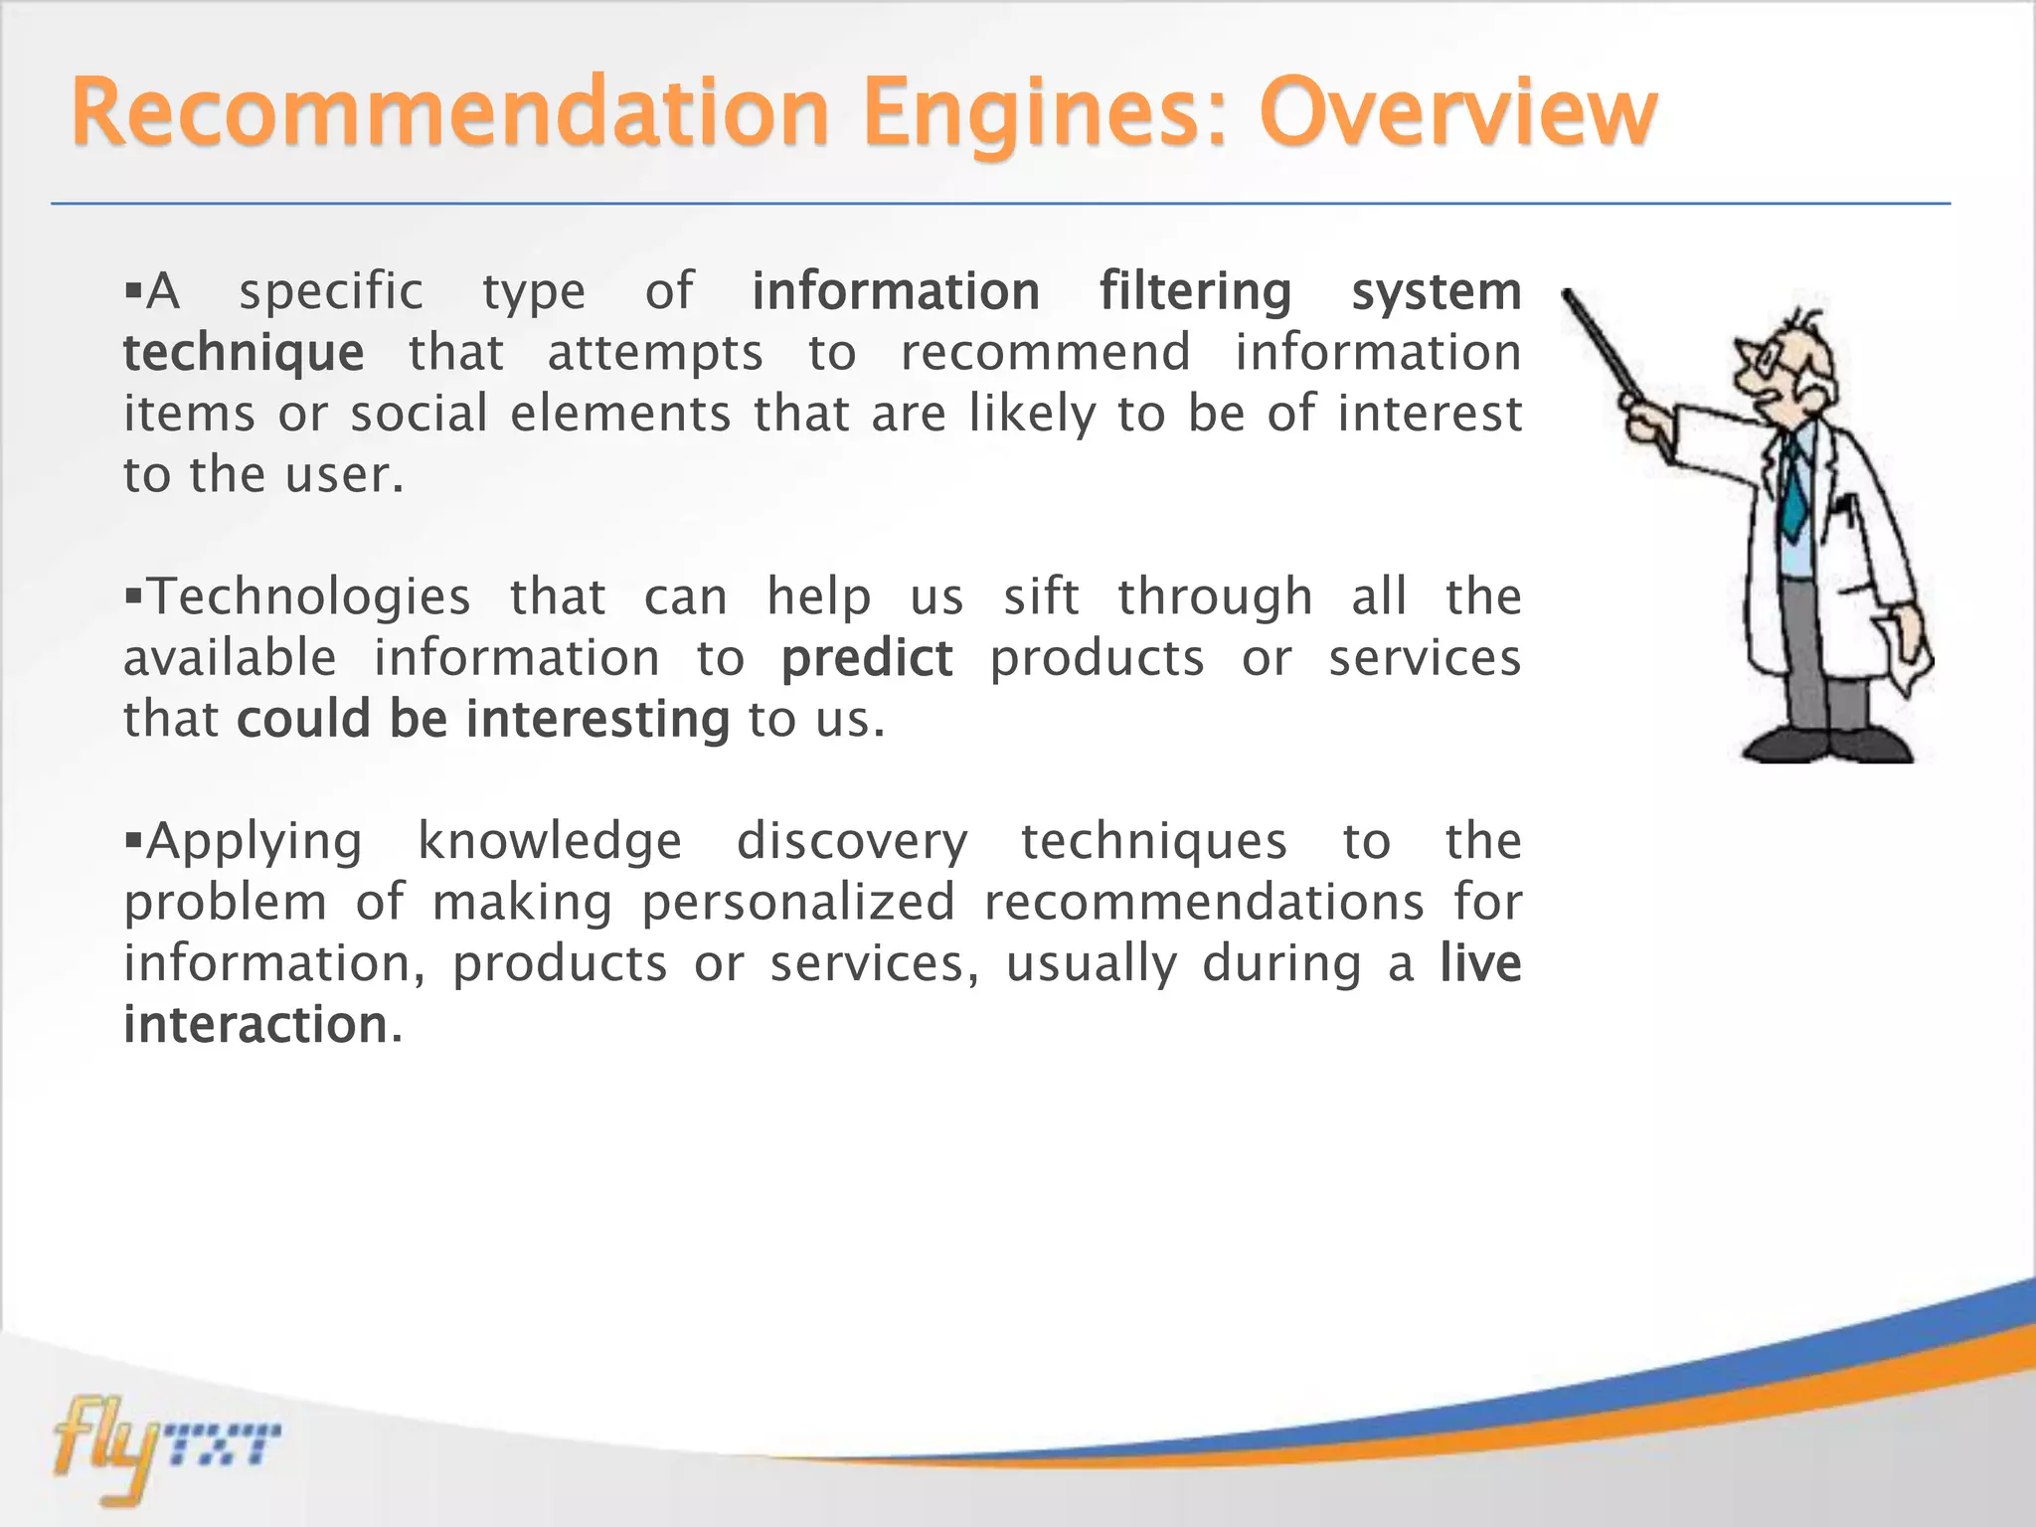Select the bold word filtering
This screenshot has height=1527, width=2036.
[1194, 292]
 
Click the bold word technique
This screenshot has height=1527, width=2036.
[244, 354]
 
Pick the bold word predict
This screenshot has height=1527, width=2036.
[866, 659]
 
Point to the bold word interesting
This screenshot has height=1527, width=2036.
[597, 720]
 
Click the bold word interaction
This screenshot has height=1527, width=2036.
[255, 1025]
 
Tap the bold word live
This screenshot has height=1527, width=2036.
[1480, 963]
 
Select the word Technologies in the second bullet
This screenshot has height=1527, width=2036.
[308, 597]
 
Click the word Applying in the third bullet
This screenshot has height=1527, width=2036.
[254, 842]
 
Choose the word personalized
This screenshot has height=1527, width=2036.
[797, 903]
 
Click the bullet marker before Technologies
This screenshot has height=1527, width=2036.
[134, 595]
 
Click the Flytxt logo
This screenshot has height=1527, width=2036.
[164, 1447]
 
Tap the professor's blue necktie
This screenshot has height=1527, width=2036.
[1792, 487]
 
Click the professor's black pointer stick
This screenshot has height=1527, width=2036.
[1611, 348]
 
